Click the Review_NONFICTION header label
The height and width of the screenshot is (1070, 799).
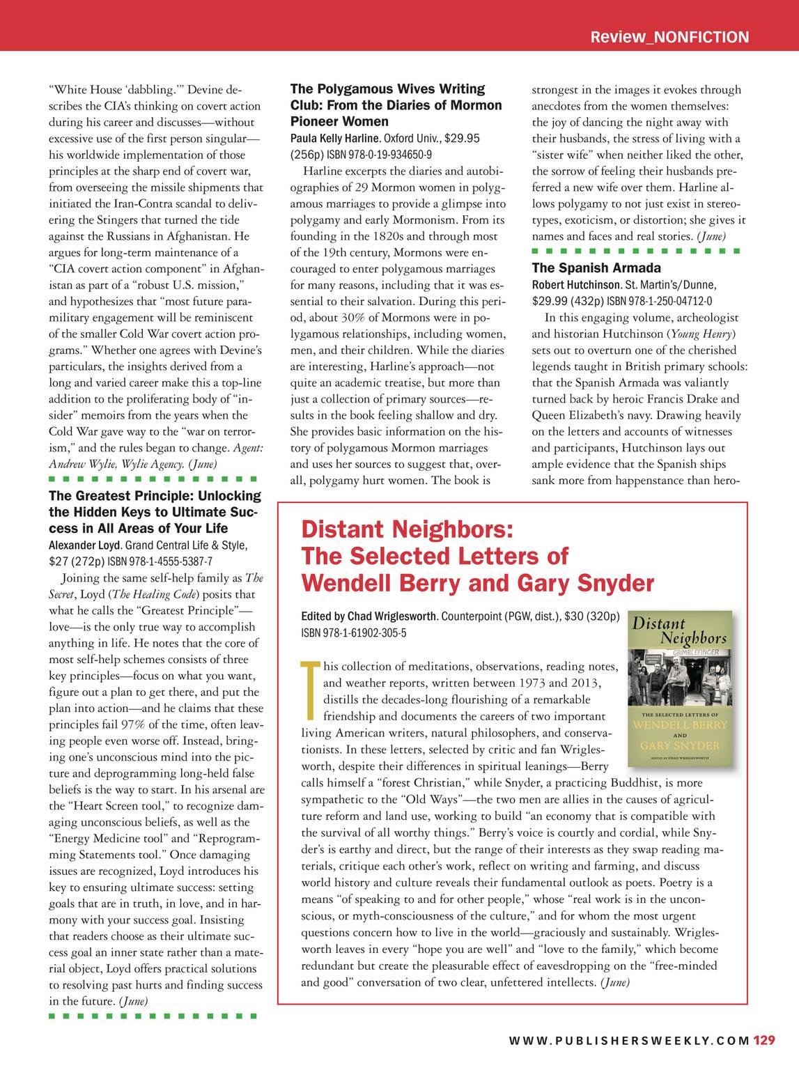pyautogui.click(x=669, y=37)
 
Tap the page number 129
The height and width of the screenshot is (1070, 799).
pyautogui.click(x=763, y=1041)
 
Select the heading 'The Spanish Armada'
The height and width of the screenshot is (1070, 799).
pyautogui.click(x=596, y=268)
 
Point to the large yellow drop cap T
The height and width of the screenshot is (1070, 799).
pyautogui.click(x=310, y=690)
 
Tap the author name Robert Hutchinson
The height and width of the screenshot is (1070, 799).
pyautogui.click(x=576, y=285)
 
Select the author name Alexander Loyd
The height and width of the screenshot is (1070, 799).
pyautogui.click(x=85, y=545)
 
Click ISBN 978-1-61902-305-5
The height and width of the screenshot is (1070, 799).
pyautogui.click(x=353, y=633)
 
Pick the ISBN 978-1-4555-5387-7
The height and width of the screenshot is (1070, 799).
pyautogui.click(x=160, y=561)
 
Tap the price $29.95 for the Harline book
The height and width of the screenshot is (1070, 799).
pyautogui.click(x=462, y=139)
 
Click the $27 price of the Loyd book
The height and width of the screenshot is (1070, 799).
pyautogui.click(x=61, y=561)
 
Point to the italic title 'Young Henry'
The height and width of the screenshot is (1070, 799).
pyautogui.click(x=702, y=334)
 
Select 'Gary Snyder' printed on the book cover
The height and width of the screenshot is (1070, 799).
pyautogui.click(x=680, y=745)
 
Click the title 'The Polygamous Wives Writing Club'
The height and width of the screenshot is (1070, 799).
pyautogui.click(x=387, y=97)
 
